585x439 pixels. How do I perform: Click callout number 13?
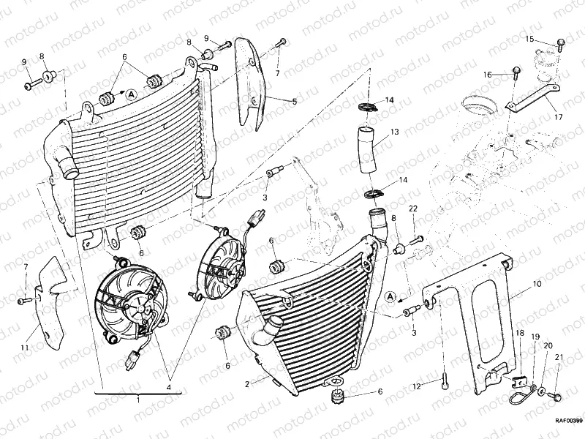394,132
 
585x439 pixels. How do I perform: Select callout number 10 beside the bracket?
537,282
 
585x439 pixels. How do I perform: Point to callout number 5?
295,101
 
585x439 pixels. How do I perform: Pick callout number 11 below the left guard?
24,348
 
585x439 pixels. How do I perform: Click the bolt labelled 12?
445,385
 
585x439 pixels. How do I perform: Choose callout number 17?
558,116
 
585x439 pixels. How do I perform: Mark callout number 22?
412,209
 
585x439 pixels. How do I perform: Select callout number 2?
248,383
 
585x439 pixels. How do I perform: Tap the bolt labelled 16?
515,72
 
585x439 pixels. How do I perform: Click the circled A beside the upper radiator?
130,94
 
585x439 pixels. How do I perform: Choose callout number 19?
535,338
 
